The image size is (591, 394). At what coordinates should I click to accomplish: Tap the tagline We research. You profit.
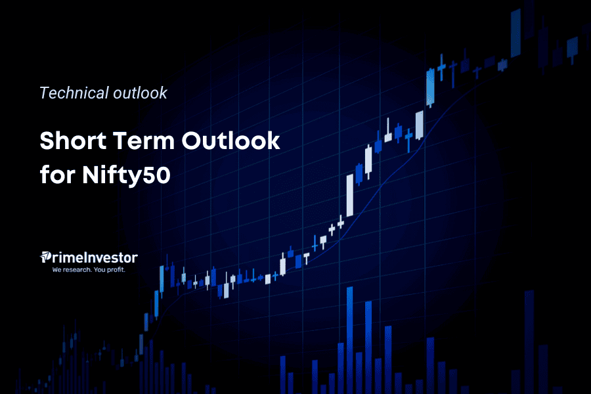(x=89, y=269)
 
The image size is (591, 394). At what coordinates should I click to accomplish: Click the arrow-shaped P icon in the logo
(x=46, y=257)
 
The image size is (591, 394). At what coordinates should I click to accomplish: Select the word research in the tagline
(x=80, y=269)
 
